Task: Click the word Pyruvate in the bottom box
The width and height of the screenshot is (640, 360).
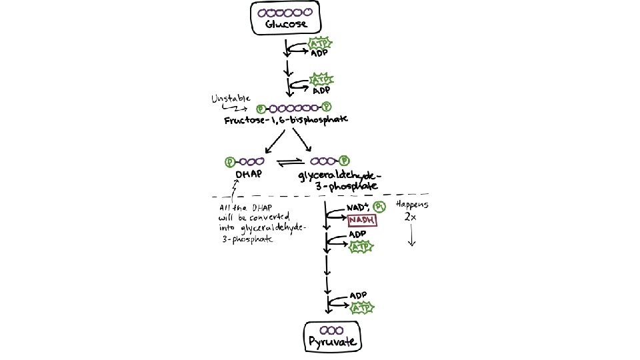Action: [x=332, y=343]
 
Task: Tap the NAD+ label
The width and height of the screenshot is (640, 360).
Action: [x=357, y=208]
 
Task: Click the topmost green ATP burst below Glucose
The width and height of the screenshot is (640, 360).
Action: [x=319, y=44]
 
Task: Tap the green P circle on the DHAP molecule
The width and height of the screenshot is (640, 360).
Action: [x=230, y=161]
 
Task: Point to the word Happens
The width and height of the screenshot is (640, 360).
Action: [x=412, y=205]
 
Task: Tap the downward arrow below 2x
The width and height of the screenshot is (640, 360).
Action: [x=411, y=236]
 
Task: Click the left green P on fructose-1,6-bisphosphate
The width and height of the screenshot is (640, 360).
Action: [x=261, y=107]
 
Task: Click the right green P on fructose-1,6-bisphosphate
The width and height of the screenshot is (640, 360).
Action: [x=326, y=107]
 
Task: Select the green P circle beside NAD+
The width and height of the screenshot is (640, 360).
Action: [x=379, y=207]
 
